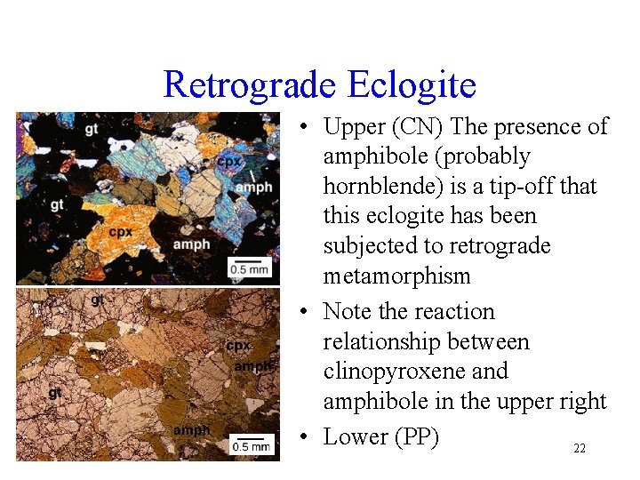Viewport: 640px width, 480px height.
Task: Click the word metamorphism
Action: click(x=396, y=276)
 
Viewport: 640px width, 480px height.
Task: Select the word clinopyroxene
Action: click(x=415, y=372)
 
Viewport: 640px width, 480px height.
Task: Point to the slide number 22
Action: click(x=579, y=449)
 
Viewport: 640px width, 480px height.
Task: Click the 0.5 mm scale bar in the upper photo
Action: click(x=250, y=265)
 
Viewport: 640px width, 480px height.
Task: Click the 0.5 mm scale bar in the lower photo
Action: click(x=251, y=444)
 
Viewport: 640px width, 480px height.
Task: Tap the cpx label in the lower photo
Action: click(x=237, y=345)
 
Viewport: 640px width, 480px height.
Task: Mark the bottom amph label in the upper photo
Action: click(x=191, y=244)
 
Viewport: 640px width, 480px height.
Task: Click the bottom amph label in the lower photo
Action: click(x=192, y=430)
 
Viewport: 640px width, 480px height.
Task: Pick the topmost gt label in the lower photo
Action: click(x=97, y=300)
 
